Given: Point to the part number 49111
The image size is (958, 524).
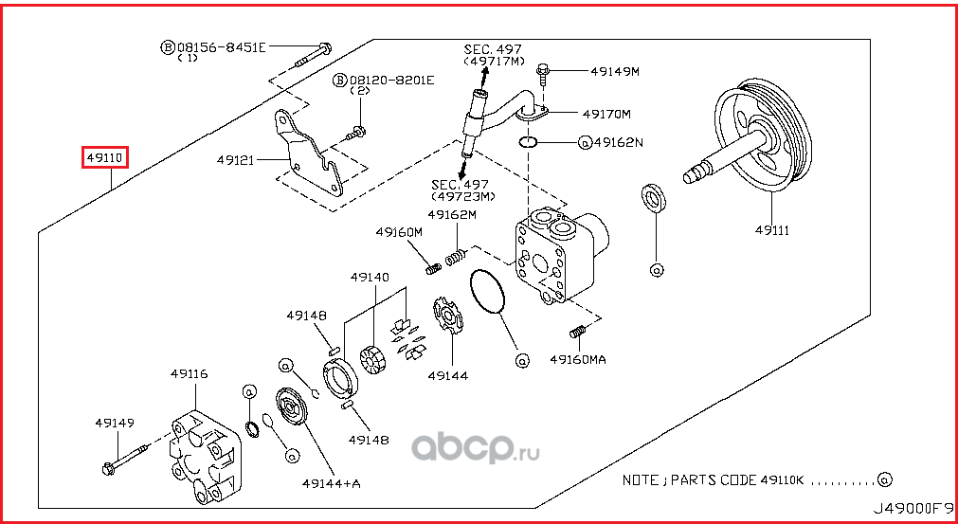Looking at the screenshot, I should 772,229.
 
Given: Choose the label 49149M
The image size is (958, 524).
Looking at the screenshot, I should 615,71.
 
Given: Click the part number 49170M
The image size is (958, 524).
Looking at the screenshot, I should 606,114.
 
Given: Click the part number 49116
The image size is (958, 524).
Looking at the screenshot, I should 189,374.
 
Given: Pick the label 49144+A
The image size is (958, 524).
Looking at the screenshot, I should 332,483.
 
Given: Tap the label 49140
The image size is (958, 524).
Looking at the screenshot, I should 369,278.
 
